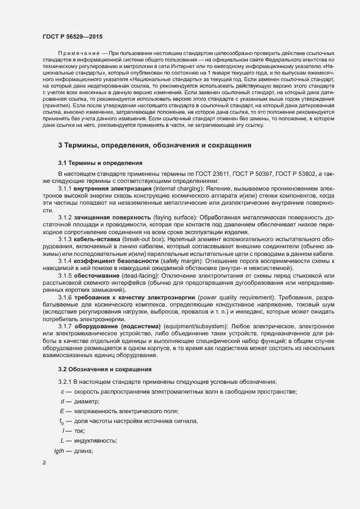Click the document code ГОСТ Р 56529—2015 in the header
pyautogui.click(x=71, y=36)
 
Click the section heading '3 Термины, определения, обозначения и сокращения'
pyautogui.click(x=155, y=146)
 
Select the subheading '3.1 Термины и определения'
pyautogui.click(x=100, y=163)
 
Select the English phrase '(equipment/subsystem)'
pyautogui.click(x=178, y=326)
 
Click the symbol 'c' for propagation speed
pyautogui.click(x=63, y=392)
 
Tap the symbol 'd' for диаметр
pyautogui.click(x=63, y=401)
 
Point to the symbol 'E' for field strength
pyautogui.click(x=62, y=411)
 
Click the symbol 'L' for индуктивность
pyautogui.click(x=63, y=440)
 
